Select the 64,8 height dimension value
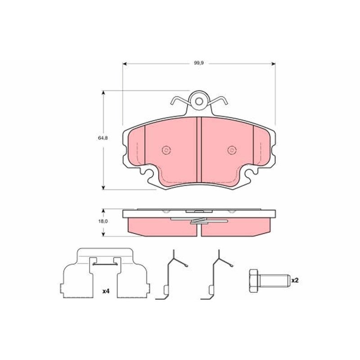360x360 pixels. click(103, 138)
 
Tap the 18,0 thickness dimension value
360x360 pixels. click(103, 221)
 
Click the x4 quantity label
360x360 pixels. click(106, 291)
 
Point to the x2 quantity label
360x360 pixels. click(295, 280)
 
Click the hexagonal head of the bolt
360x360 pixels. click(254, 281)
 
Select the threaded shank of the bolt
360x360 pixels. click(274, 281)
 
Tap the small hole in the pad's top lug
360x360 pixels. click(199, 101)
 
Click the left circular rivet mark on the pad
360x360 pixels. click(166, 150)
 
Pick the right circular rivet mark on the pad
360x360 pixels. click(232, 150)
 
